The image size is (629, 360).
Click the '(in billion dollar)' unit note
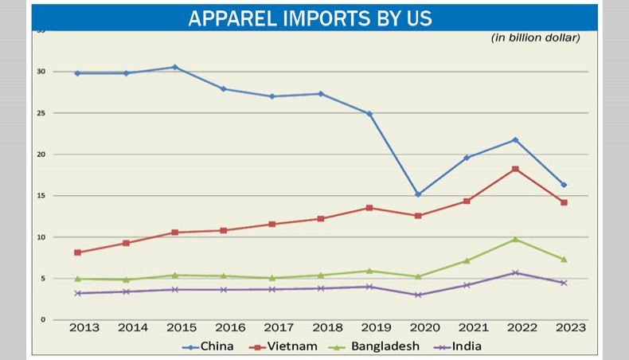[535, 37]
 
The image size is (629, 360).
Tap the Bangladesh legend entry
[383, 346]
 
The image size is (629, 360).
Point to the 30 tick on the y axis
[40, 72]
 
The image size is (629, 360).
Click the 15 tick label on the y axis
[40, 196]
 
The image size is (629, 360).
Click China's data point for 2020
[418, 194]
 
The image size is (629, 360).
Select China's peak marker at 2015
[175, 67]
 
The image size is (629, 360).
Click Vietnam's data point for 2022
[515, 169]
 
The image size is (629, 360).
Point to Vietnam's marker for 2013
[77, 252]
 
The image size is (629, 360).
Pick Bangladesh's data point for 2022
[515, 239]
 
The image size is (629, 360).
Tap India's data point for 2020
[418, 295]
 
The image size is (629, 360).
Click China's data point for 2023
[564, 185]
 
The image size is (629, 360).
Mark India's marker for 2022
[515, 272]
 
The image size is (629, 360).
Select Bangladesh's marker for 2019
[369, 271]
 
